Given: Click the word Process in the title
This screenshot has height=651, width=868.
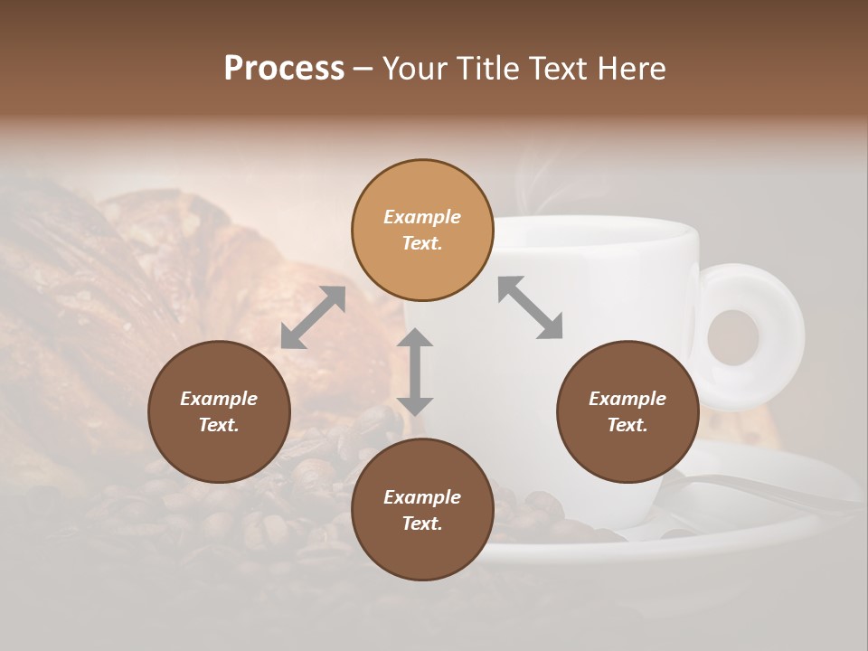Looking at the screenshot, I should tap(284, 69).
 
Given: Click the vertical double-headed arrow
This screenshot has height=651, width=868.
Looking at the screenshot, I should tap(415, 372).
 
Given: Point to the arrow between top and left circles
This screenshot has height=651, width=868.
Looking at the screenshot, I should tap(313, 317).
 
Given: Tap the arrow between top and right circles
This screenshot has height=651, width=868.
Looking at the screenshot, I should tap(530, 307).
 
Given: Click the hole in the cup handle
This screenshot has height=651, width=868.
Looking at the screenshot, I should tap(732, 336).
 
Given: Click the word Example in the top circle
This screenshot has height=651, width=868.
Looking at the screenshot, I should tap(422, 217).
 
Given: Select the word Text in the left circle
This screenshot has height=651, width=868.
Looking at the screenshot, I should tap(218, 425).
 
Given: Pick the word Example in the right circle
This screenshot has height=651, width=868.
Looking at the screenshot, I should tap(627, 399).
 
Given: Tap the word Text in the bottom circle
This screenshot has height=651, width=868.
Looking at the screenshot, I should tap(421, 524).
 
